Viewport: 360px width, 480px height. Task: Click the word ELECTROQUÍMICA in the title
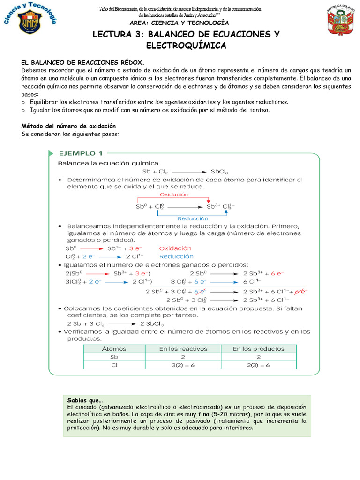186,45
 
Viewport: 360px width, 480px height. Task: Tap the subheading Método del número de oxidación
68,126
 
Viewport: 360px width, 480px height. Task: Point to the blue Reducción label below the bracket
193,218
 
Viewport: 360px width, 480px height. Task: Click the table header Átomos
114,348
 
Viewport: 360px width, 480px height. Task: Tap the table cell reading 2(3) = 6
258,365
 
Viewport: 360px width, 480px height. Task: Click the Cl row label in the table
114,365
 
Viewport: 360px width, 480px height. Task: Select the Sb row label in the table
114,357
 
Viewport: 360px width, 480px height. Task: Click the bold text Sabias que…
85,400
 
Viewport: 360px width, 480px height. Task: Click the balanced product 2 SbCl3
148,323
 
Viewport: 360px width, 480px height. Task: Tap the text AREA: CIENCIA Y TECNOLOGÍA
180,22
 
